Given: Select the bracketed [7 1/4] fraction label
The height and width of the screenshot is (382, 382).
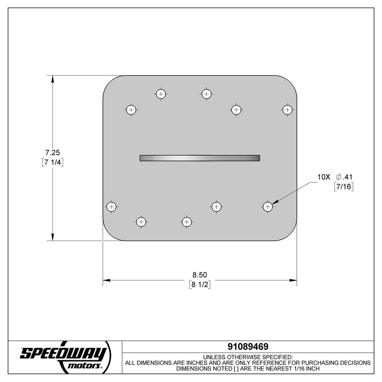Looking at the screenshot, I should tap(52, 162).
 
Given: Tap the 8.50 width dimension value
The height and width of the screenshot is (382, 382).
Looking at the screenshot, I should tap(200, 275).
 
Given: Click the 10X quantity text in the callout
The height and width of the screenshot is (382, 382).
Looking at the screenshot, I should tap(323, 177).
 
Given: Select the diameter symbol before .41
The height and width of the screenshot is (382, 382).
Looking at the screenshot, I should tap(338, 177).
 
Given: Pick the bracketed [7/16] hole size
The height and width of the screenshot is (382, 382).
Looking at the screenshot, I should tap(343, 187).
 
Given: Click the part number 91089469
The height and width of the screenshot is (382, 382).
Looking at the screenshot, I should tap(248, 347).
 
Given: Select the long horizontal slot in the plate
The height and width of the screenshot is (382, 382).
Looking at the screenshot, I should tap(200, 158).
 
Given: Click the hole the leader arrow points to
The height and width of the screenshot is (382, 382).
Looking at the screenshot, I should tap(267, 206).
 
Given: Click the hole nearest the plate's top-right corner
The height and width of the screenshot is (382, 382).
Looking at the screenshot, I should tap(287, 110).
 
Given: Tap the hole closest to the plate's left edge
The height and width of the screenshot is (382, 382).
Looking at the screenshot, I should tap(111, 207).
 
